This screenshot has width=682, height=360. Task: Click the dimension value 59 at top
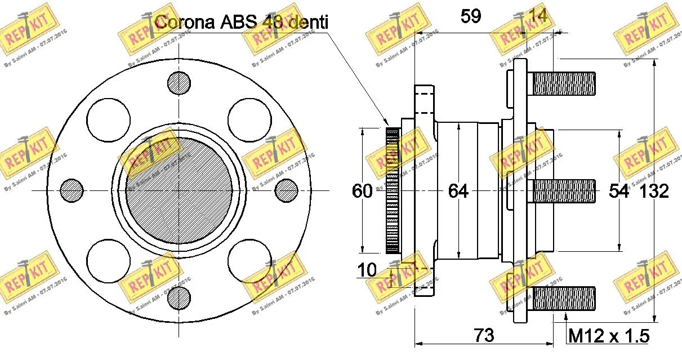pyautogui.click(x=470, y=16)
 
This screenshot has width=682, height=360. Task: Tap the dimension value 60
pyautogui.click(x=362, y=192)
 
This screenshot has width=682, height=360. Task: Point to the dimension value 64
pyautogui.click(x=458, y=192)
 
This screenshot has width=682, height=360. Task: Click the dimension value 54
pyautogui.click(x=619, y=192)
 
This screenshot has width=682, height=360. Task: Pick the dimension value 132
pyautogui.click(x=654, y=192)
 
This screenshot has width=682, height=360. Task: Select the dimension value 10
pyautogui.click(x=367, y=270)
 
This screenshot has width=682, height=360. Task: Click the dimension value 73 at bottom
pyautogui.click(x=484, y=336)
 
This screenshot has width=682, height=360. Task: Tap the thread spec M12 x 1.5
pyautogui.click(x=609, y=336)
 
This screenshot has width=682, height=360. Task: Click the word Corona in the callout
pyautogui.click(x=183, y=23)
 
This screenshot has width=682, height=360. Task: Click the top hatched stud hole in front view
pyautogui.click(x=179, y=82)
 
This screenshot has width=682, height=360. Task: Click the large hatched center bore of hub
pyautogui.click(x=179, y=190)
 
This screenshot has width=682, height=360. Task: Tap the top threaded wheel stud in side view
pyautogui.click(x=563, y=83)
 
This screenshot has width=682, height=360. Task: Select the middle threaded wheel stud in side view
pyautogui.click(x=563, y=192)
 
